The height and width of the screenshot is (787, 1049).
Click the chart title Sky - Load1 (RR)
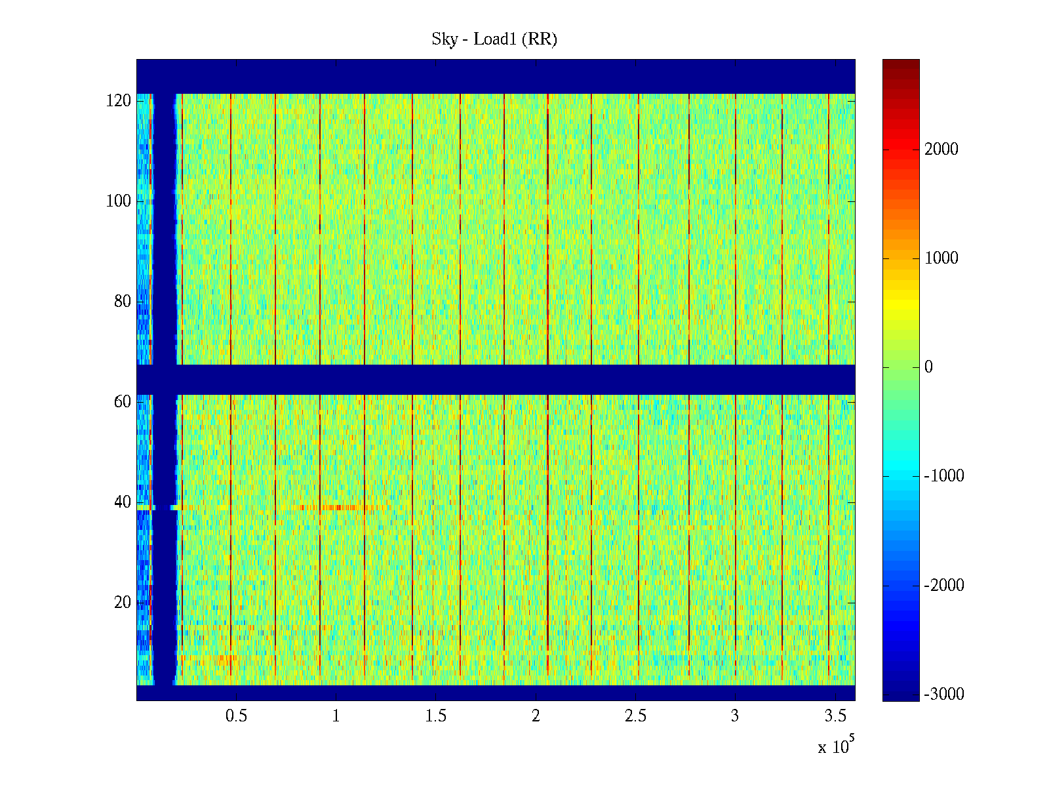tap(494, 39)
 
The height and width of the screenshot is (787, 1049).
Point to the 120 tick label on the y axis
tap(118, 101)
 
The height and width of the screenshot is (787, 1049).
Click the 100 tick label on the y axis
tap(118, 201)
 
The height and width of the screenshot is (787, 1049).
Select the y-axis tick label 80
tap(122, 302)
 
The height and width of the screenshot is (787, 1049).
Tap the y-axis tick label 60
tap(122, 402)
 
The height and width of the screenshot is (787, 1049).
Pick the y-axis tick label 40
tap(122, 502)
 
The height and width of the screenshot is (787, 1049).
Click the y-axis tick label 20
tap(122, 603)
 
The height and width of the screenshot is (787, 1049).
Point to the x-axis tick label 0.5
tap(236, 716)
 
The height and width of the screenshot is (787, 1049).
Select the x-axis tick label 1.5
tap(435, 716)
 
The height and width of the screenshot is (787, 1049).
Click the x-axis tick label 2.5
tap(635, 716)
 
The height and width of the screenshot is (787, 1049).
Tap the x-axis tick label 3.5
tap(835, 716)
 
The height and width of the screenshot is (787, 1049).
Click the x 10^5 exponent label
tap(836, 746)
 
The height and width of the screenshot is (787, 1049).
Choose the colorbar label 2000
tap(941, 150)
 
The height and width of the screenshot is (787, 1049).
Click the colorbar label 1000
tap(941, 258)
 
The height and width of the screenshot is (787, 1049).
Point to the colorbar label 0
tap(928, 367)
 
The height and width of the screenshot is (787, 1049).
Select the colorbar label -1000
tap(943, 476)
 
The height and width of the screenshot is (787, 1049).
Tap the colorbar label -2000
tap(943, 586)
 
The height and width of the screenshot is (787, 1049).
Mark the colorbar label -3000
tap(943, 695)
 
